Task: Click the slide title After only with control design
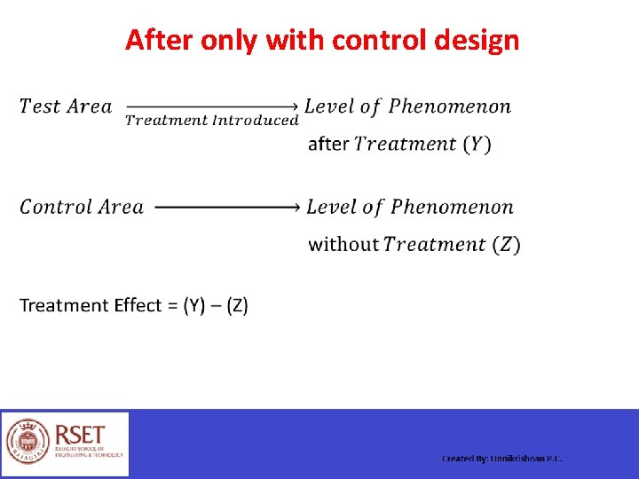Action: tap(321, 41)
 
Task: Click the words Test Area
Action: tap(66, 107)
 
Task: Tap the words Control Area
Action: tap(82, 208)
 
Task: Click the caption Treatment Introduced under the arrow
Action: tap(211, 121)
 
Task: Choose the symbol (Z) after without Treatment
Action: tap(506, 245)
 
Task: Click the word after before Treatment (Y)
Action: tap(327, 145)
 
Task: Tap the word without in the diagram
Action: tap(343, 245)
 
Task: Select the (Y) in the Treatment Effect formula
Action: tap(194, 306)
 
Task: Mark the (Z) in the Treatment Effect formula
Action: tap(237, 306)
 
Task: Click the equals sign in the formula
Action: tap(172, 306)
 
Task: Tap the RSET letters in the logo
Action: tap(80, 435)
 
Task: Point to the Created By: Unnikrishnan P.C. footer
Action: tap(502, 459)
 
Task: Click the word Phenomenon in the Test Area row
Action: tap(450, 107)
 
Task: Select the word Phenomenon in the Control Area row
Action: tap(452, 208)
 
